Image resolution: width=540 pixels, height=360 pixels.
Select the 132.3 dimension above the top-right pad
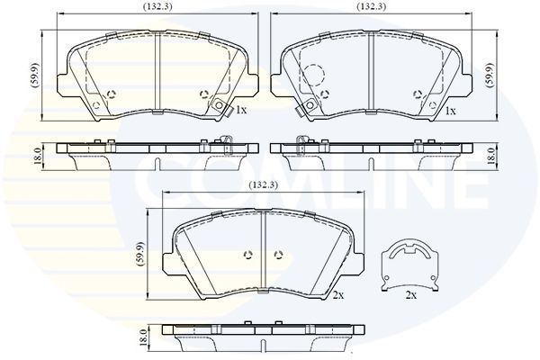372,6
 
